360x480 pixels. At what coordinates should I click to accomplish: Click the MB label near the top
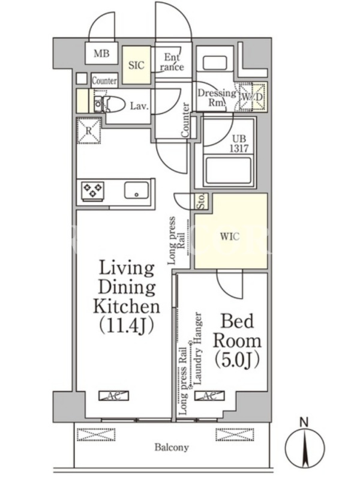click(101, 54)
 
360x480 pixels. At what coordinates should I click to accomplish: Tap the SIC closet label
click(136, 65)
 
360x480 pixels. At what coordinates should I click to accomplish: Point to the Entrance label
click(173, 62)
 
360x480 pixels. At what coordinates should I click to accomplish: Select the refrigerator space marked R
click(89, 131)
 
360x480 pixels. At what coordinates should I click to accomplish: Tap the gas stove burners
click(93, 190)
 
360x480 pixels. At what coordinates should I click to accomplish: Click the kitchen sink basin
click(137, 190)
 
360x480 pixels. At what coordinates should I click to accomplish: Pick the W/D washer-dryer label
click(252, 97)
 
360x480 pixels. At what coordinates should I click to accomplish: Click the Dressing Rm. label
click(217, 97)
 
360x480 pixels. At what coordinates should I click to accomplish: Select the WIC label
click(230, 237)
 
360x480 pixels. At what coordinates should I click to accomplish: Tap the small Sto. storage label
click(202, 201)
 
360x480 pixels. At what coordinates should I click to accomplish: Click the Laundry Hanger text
click(198, 349)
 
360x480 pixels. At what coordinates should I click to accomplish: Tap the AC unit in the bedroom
click(209, 395)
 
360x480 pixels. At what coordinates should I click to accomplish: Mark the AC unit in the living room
click(113, 395)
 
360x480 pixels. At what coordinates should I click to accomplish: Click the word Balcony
click(172, 448)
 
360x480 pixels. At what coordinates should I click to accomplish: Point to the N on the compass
click(304, 422)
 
